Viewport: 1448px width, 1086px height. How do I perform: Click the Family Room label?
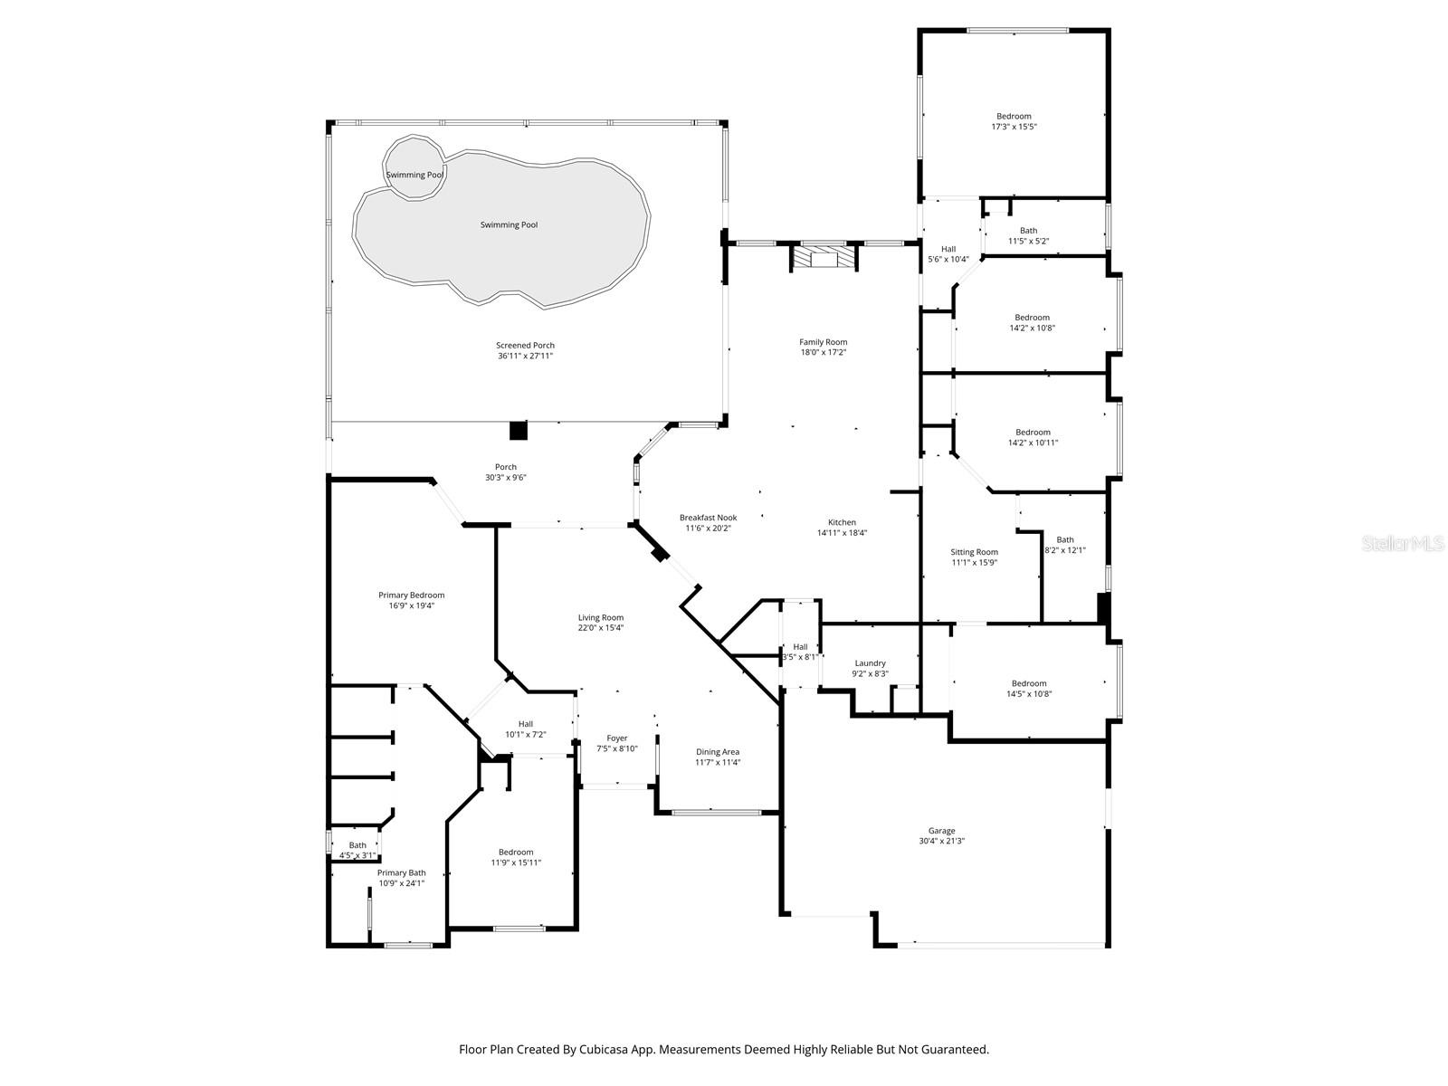[x=823, y=342]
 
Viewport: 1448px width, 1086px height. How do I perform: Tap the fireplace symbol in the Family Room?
[x=823, y=258]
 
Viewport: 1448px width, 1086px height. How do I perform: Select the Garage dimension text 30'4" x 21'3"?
[x=941, y=842]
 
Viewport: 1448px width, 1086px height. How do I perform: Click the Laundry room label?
[x=870, y=663]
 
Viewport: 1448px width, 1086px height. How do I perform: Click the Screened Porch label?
[x=525, y=345]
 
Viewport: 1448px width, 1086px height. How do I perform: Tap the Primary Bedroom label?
[x=411, y=595]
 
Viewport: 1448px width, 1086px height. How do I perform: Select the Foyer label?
[x=616, y=738]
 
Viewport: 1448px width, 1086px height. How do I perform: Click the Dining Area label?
[x=718, y=751]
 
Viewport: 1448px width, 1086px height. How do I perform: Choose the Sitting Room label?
[x=974, y=552]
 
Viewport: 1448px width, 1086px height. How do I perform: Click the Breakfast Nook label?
[x=708, y=518]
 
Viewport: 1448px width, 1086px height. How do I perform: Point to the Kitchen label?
[x=842, y=522]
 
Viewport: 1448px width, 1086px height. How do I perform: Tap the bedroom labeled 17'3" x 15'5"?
[x=1014, y=121]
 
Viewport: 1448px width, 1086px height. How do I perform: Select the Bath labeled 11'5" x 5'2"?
[x=1028, y=235]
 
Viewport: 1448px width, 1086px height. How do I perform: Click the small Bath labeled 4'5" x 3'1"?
[x=357, y=850]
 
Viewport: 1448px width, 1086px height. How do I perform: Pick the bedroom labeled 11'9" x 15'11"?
[x=516, y=857]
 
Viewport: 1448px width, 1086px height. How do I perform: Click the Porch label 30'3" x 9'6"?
[x=505, y=472]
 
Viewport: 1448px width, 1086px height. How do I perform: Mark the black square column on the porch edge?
[x=518, y=431]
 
